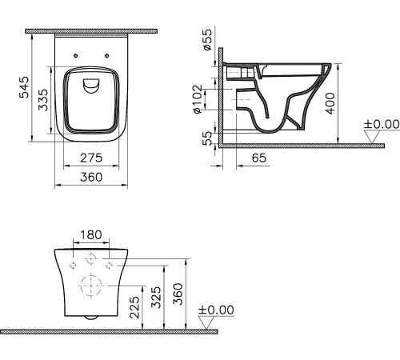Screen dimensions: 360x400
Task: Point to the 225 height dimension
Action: (143, 305)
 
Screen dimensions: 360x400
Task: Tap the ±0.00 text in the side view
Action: (381, 124)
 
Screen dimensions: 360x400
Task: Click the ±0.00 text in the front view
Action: (215, 310)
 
